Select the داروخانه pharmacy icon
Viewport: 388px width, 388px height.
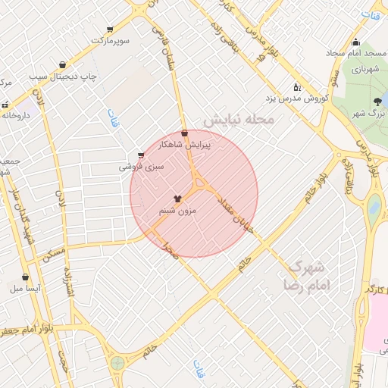pos(5,105)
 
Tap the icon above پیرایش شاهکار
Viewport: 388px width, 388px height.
pos(184,133)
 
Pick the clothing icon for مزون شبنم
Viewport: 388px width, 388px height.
pos(178,199)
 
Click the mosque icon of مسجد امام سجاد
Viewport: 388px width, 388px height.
pos(355,42)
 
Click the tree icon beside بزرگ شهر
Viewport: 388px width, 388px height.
pos(377,102)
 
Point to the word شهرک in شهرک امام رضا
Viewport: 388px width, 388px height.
pos(307,267)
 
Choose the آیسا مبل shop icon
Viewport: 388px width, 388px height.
pos(27,277)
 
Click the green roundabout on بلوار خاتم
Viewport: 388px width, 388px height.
pos(117,363)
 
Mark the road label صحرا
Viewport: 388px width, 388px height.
pos(171,252)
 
